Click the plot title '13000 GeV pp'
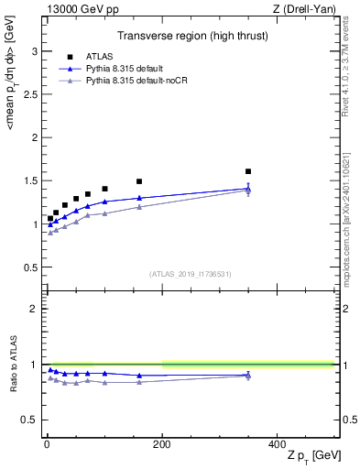pos(81,9)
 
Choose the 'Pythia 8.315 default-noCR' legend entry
pos(139,81)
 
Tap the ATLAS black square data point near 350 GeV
pos(248,171)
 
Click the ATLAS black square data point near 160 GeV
pos(139,181)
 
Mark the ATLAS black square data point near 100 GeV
pos(104,189)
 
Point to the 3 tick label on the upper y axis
pos(35,51)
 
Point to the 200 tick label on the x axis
pos(162,443)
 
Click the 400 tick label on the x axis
pos(278,443)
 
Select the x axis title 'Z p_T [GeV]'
pos(309,457)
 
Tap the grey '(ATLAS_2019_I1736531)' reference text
pos(191,274)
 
